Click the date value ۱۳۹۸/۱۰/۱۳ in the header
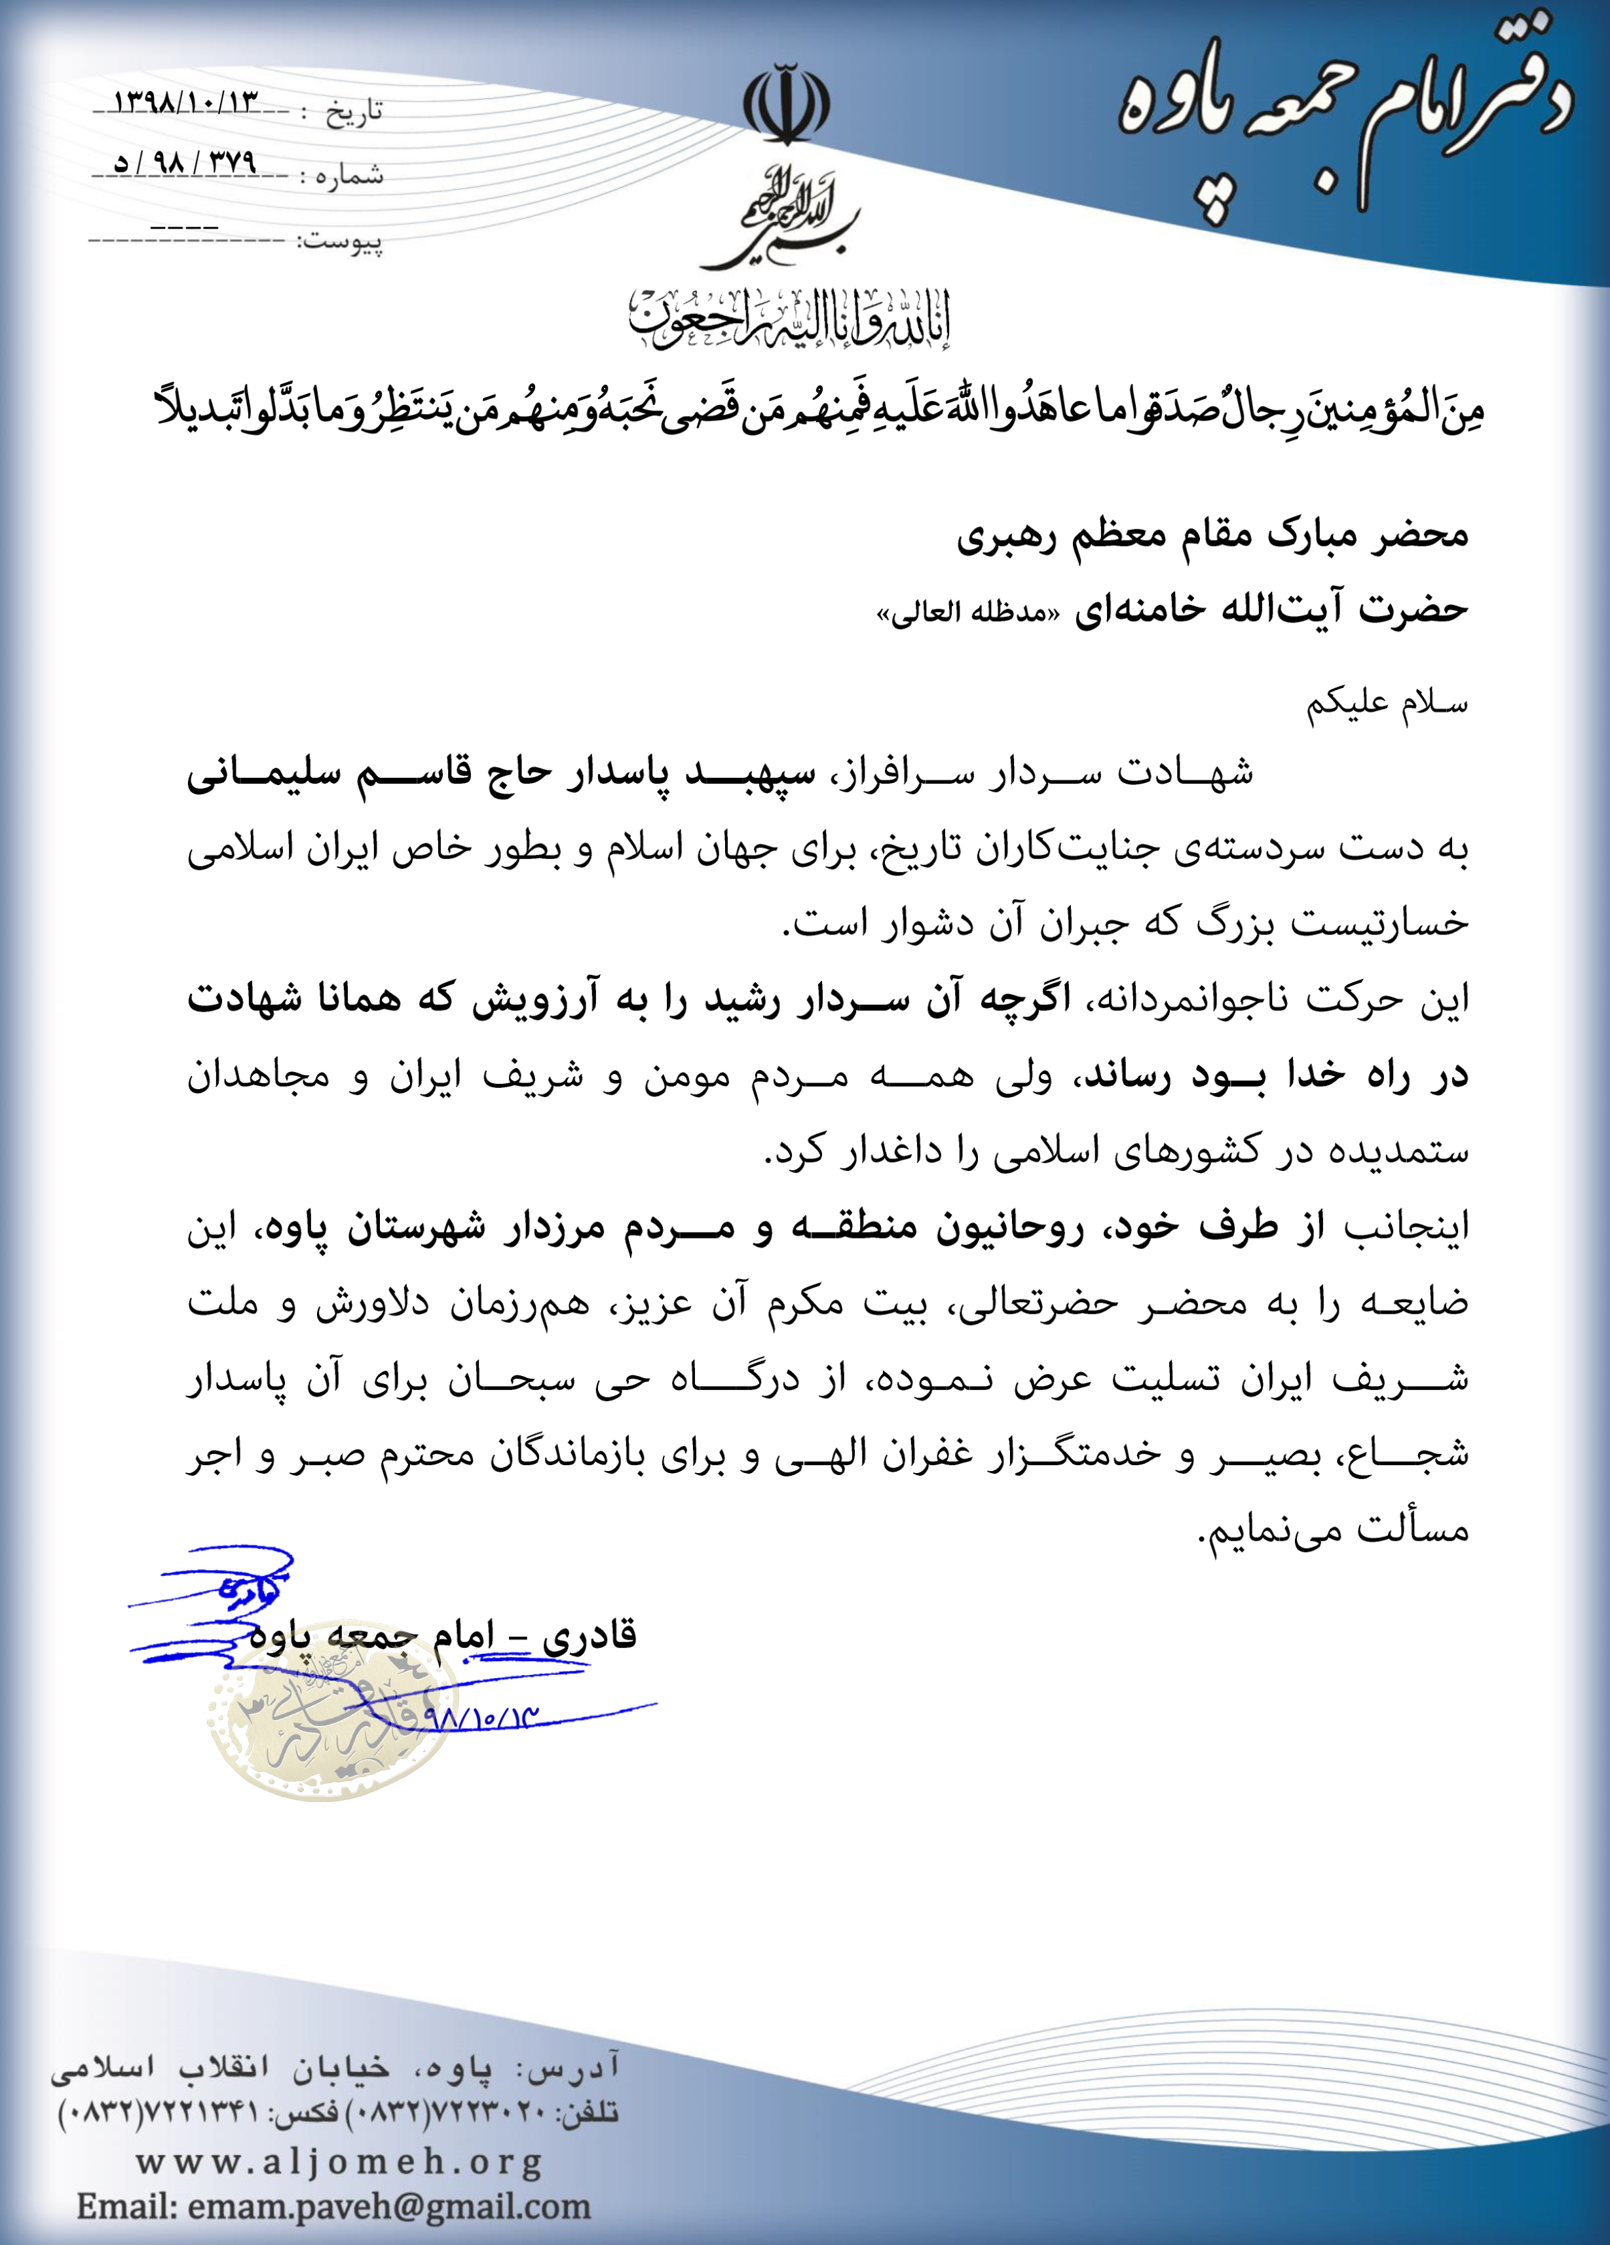click(186, 103)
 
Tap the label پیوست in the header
click(339, 240)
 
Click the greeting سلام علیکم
click(1387, 703)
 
